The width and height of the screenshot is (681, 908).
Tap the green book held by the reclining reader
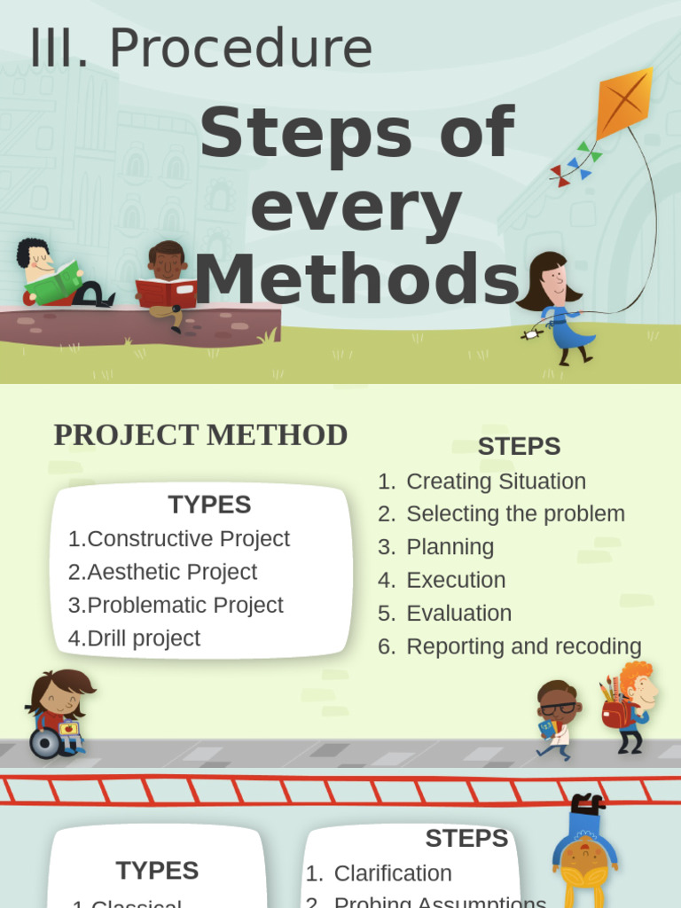(x=53, y=282)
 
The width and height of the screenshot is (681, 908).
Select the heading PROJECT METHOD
(x=200, y=435)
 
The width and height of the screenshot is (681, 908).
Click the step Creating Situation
(x=496, y=481)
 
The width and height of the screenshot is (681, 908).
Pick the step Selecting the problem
(x=515, y=514)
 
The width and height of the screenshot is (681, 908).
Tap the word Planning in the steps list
(x=450, y=547)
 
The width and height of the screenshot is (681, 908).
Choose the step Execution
(x=456, y=580)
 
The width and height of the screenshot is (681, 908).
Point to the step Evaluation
(x=458, y=613)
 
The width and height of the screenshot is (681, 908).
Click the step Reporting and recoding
(x=523, y=646)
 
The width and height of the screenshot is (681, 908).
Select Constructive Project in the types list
(x=188, y=539)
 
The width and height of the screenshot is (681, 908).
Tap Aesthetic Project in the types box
(x=172, y=572)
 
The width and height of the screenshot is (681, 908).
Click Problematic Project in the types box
(x=185, y=605)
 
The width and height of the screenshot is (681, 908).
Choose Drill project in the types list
(x=144, y=638)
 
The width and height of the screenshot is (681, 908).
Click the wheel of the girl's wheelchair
(x=44, y=743)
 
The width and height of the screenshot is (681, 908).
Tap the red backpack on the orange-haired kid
(x=615, y=714)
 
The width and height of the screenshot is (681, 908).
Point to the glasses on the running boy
(x=559, y=708)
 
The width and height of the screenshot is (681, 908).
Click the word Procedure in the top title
(x=240, y=49)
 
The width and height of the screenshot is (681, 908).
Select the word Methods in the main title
(x=356, y=280)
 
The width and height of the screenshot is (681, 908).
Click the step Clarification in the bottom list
(x=393, y=873)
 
